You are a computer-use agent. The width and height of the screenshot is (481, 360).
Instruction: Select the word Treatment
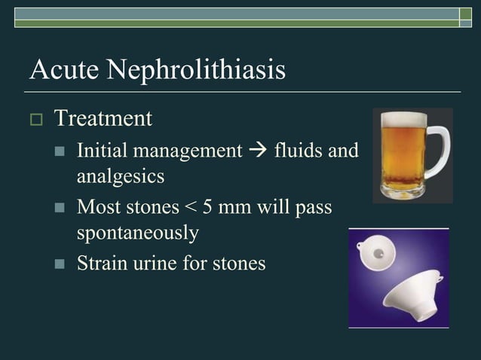point(103,118)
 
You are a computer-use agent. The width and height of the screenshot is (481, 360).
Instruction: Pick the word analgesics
point(121,177)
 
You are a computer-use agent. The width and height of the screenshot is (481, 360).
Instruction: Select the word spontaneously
point(138,232)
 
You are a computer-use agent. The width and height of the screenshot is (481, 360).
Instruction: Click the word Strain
point(101,264)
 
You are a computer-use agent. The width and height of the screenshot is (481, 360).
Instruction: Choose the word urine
point(155,264)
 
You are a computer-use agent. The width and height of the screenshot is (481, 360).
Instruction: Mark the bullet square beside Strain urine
point(60,264)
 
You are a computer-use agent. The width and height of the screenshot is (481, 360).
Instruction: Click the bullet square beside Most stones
point(60,206)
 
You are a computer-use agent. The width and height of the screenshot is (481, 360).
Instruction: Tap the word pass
point(313,206)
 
